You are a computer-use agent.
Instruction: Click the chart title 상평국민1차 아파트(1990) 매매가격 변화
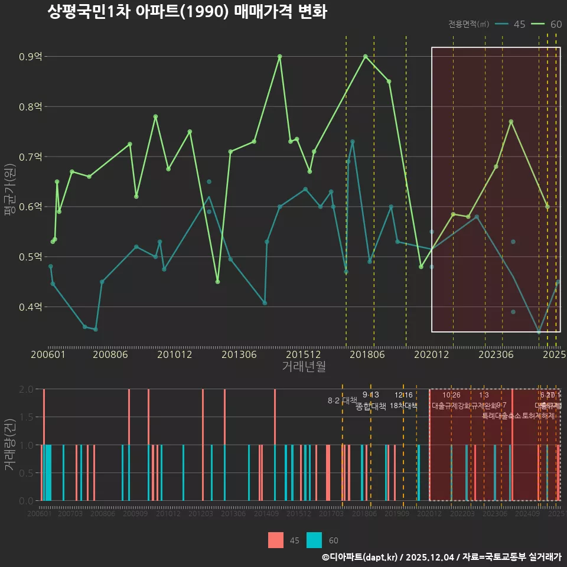(187, 12)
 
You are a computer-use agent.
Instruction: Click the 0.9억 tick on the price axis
(30, 57)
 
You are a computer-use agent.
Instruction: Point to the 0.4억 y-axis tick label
(30, 307)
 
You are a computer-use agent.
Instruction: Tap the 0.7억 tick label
(30, 157)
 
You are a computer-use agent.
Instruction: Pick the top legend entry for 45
(511, 24)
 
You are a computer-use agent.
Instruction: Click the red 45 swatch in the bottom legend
(275, 540)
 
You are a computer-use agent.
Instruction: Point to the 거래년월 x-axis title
(304, 366)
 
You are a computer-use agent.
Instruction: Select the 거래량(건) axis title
(10, 445)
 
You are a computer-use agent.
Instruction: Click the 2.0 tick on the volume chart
(27, 389)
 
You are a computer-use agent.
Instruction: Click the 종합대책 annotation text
(371, 406)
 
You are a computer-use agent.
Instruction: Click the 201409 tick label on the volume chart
(266, 514)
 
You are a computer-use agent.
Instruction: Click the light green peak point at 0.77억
(511, 122)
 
